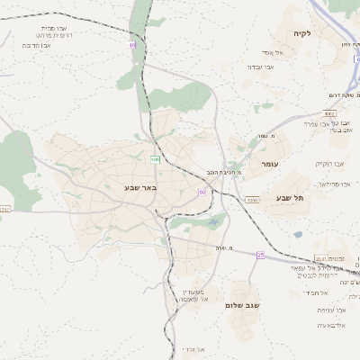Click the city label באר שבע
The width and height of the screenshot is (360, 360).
pyautogui.click(x=141, y=188)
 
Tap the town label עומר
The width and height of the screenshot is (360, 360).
pyautogui.click(x=270, y=165)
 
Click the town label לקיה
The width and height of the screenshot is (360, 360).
pyautogui.click(x=301, y=33)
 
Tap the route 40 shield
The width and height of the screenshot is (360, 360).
pyautogui.click(x=132, y=43)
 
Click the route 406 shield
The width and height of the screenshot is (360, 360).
pyautogui.click(x=155, y=160)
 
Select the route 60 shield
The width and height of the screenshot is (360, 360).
pyautogui.click(x=202, y=192)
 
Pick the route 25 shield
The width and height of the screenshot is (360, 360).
pyautogui.click(x=261, y=255)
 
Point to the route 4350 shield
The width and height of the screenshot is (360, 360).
pyautogui.click(x=252, y=200)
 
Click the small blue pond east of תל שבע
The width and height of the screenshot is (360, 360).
pyautogui.click(x=298, y=235)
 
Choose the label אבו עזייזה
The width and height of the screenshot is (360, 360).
pyautogui.click(x=330, y=310)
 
